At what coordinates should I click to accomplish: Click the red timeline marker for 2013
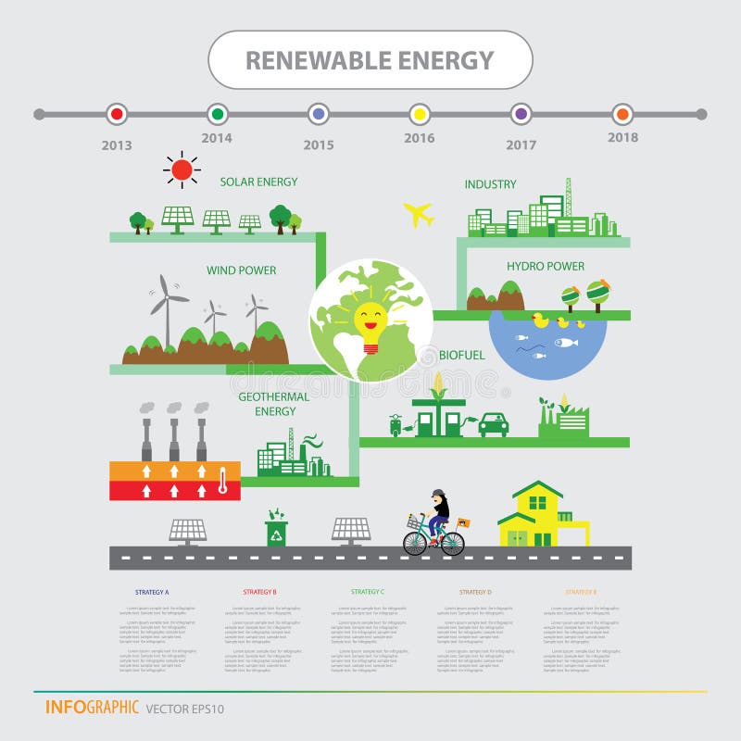pos(116,114)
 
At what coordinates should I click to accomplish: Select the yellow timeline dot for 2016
pos(419,114)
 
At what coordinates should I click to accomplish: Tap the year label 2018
pos(622,137)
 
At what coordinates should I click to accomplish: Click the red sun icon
pos(182,170)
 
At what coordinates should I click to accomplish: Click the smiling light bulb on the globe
pos(370,325)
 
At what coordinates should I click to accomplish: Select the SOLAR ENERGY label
pos(258,182)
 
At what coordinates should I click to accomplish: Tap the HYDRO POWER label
pos(545,267)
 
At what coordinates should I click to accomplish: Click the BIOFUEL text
pos(461,355)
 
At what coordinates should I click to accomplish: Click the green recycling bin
pos(276,531)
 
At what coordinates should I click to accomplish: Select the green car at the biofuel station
pos(493,424)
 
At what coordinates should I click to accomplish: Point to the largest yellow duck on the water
pos(540,320)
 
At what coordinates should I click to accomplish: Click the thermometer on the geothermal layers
pos(222,479)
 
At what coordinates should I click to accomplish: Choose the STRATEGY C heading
pos(368,591)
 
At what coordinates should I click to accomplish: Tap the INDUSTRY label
pos(490,184)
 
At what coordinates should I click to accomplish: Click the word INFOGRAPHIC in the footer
pos(92,708)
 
